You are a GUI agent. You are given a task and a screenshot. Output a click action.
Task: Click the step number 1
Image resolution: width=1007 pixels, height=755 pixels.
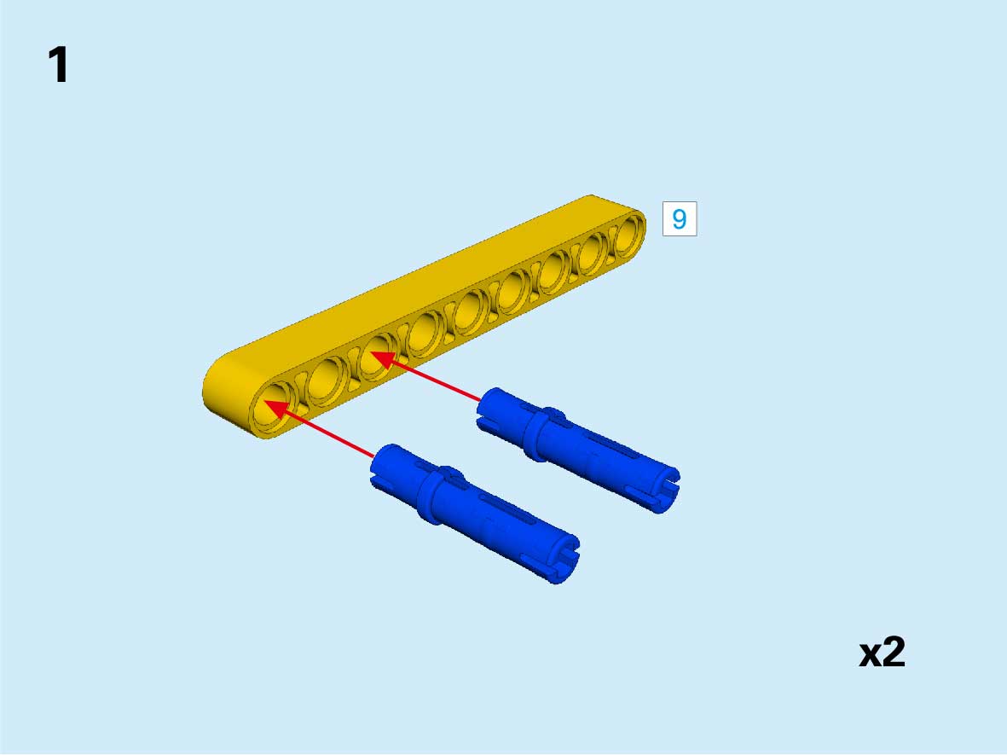coord(59,64)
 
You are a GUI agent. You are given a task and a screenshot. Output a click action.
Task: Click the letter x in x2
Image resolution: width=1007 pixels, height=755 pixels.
coord(871,655)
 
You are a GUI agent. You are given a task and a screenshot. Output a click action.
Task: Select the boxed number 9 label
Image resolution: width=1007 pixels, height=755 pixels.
coord(680,218)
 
